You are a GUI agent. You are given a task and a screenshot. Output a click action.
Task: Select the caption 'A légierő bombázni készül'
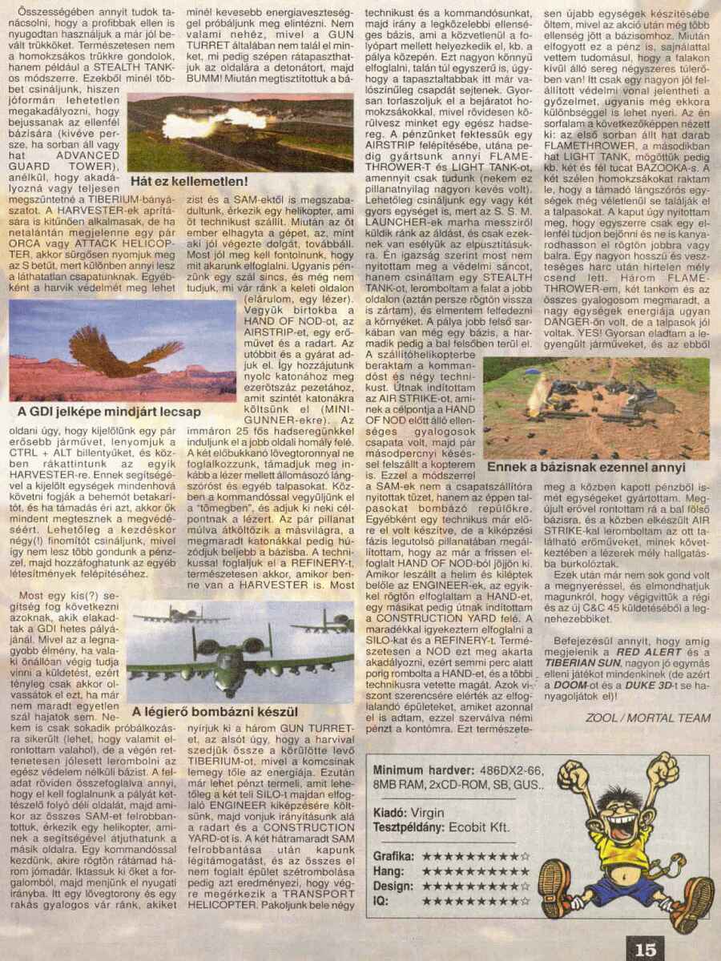[x=215, y=711]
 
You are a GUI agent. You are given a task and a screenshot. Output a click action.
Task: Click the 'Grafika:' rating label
[x=393, y=855]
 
